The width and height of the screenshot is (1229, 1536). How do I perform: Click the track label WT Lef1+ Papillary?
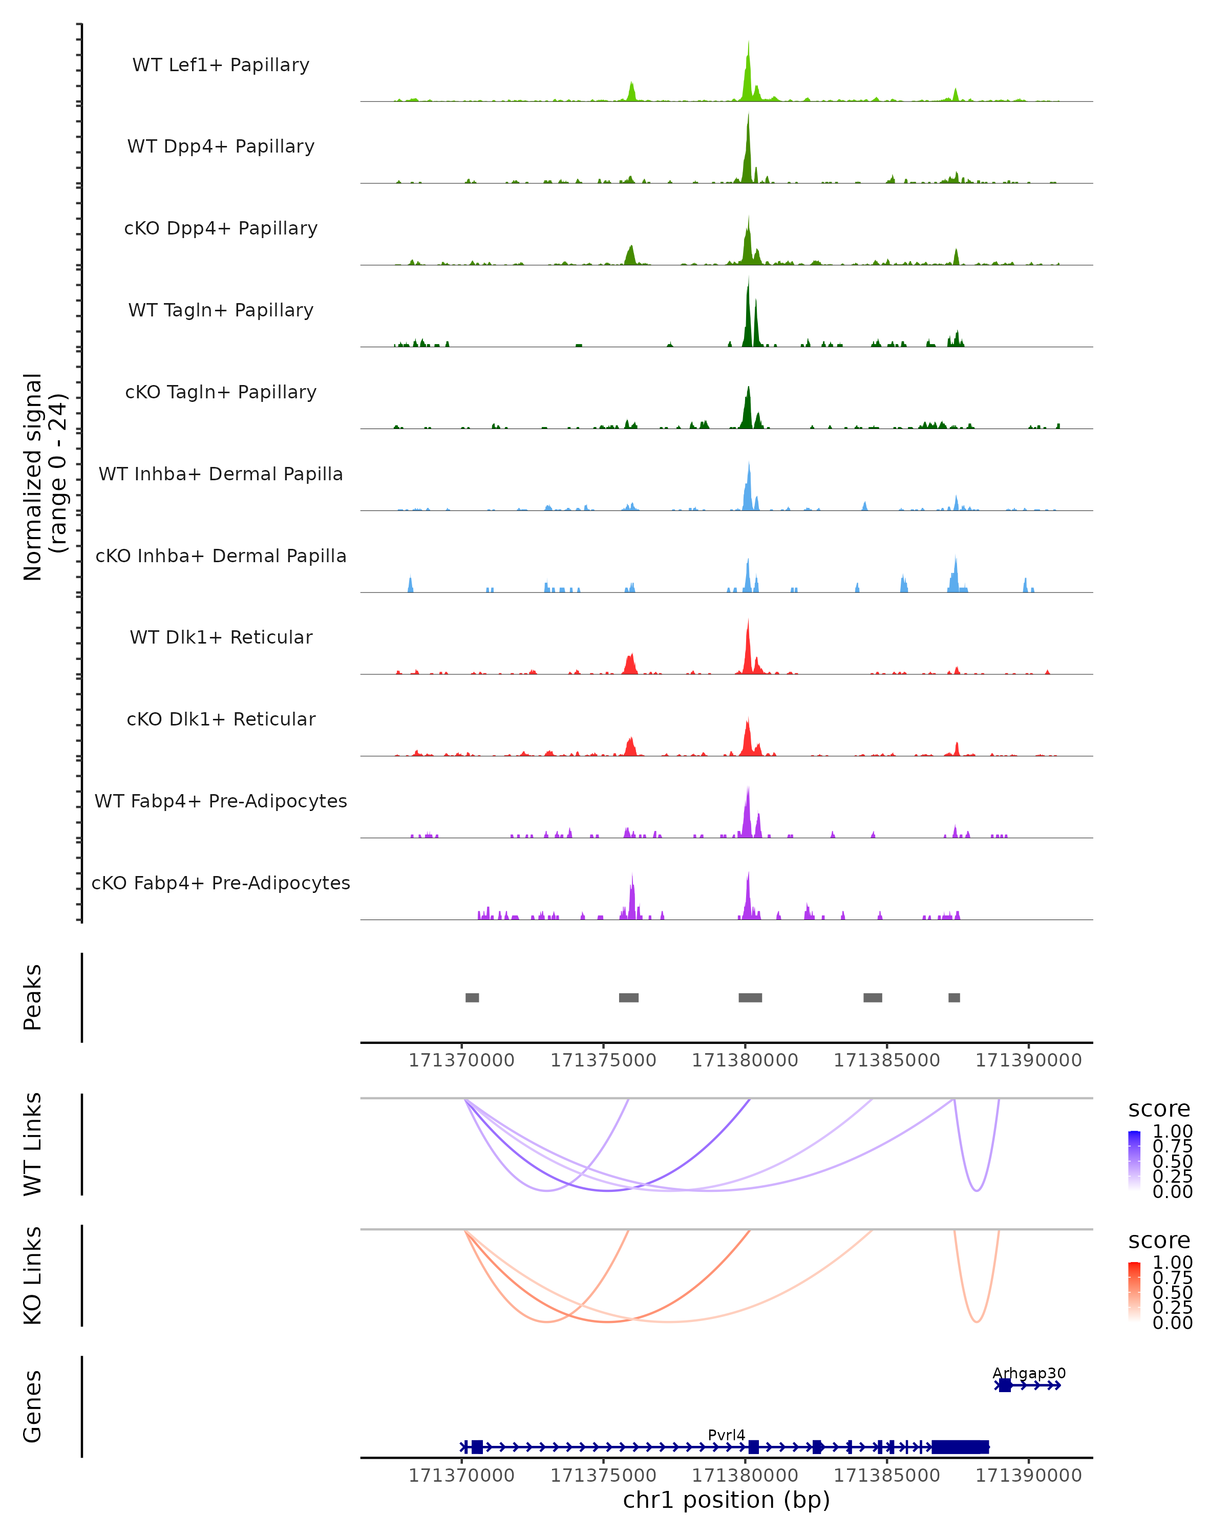pyautogui.click(x=221, y=65)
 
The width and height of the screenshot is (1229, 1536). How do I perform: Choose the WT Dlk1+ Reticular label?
pyautogui.click(x=221, y=637)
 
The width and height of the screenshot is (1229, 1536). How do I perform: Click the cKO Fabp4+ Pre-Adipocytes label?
pyautogui.click(x=221, y=883)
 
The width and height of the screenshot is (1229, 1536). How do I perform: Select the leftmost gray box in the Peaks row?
pyautogui.click(x=472, y=997)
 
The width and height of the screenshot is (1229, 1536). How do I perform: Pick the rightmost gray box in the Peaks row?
pyautogui.click(x=954, y=997)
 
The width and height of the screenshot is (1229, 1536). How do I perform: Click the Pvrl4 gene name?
pyautogui.click(x=726, y=1435)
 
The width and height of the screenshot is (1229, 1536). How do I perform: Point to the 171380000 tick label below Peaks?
pyautogui.click(x=745, y=1060)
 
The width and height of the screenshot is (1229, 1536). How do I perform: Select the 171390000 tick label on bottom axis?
pyautogui.click(x=1028, y=1476)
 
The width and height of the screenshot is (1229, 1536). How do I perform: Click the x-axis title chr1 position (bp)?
pyautogui.click(x=726, y=1500)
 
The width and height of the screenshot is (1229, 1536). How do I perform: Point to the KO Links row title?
pyautogui.click(x=33, y=1275)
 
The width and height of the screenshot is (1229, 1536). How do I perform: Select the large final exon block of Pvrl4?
pyautogui.click(x=960, y=1447)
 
